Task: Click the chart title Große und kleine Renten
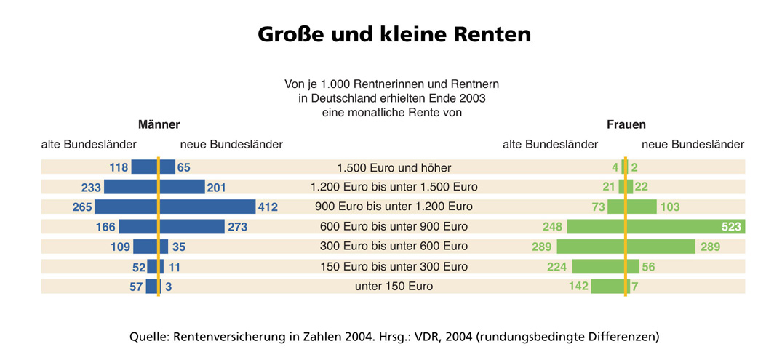click(x=394, y=34)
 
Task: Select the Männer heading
click(x=159, y=124)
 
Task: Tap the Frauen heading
click(x=626, y=124)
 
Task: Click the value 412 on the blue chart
click(x=268, y=207)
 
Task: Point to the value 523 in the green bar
click(x=731, y=227)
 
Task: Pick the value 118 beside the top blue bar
click(x=119, y=168)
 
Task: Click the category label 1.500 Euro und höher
click(x=394, y=168)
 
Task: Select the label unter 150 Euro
click(x=394, y=287)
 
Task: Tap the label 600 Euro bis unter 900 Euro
click(x=394, y=227)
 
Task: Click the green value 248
click(x=552, y=227)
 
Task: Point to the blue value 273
click(x=238, y=227)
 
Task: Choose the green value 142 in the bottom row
click(x=578, y=287)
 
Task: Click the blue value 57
click(x=136, y=287)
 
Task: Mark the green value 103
click(x=669, y=207)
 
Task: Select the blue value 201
click(x=217, y=188)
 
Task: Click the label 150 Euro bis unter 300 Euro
click(x=394, y=267)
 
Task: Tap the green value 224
click(x=556, y=267)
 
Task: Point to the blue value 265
click(x=83, y=207)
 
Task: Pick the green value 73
click(x=599, y=207)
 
